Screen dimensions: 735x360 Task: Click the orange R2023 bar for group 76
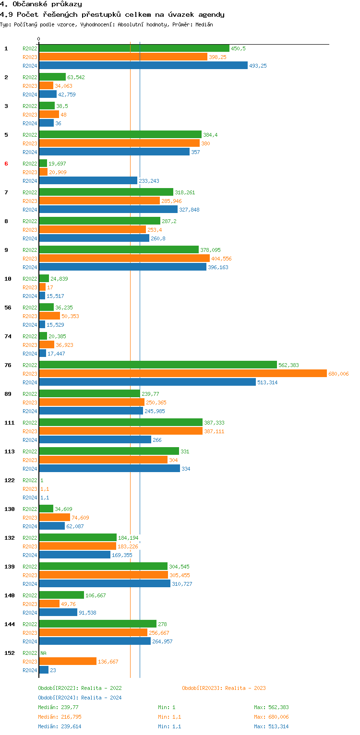pos(182,374)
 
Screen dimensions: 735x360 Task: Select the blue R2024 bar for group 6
pos(88,181)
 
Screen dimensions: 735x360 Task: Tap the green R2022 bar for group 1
pos(134,48)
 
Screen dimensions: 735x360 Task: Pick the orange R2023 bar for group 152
pos(68,662)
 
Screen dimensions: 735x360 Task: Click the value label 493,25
pos(258,66)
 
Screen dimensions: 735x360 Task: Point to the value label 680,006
pos(338,374)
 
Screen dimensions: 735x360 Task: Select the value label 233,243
pos(149,181)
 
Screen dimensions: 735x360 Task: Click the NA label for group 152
pos(43,653)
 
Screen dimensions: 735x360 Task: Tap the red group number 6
pos(6,164)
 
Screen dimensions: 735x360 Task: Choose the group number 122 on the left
pos(9,480)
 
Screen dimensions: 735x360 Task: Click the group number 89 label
pos(8,394)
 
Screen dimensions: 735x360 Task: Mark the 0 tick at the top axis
pos(39,39)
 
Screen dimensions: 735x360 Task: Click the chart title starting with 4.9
pos(112,14)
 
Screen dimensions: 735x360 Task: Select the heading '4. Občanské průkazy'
pos(41,4)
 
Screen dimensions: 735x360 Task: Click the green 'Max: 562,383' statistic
pos(271,707)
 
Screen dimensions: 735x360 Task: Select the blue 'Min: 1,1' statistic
pos(169,726)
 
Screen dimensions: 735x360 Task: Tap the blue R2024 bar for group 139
pos(105,584)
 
